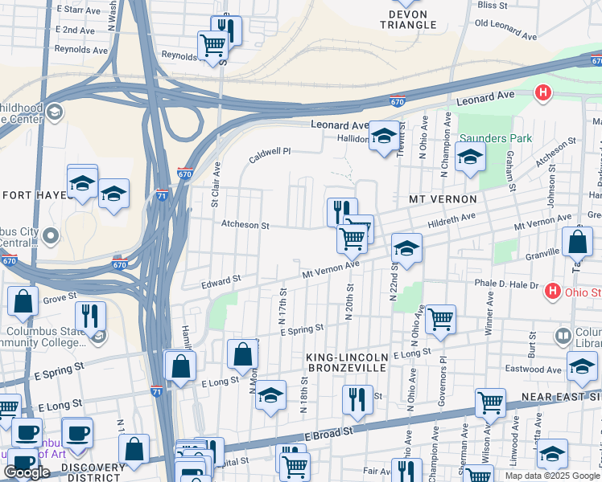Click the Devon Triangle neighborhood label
tap(413, 19)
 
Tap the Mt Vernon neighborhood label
tap(443, 198)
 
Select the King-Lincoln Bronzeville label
tap(347, 361)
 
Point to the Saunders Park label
tap(496, 138)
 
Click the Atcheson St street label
tap(245, 226)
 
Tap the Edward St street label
tap(221, 281)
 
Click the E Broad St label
tap(330, 432)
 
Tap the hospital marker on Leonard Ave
tap(543, 92)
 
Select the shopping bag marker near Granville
tap(578, 242)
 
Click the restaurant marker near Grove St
tap(89, 315)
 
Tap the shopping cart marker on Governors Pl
tap(440, 319)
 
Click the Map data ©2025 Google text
tap(552, 476)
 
